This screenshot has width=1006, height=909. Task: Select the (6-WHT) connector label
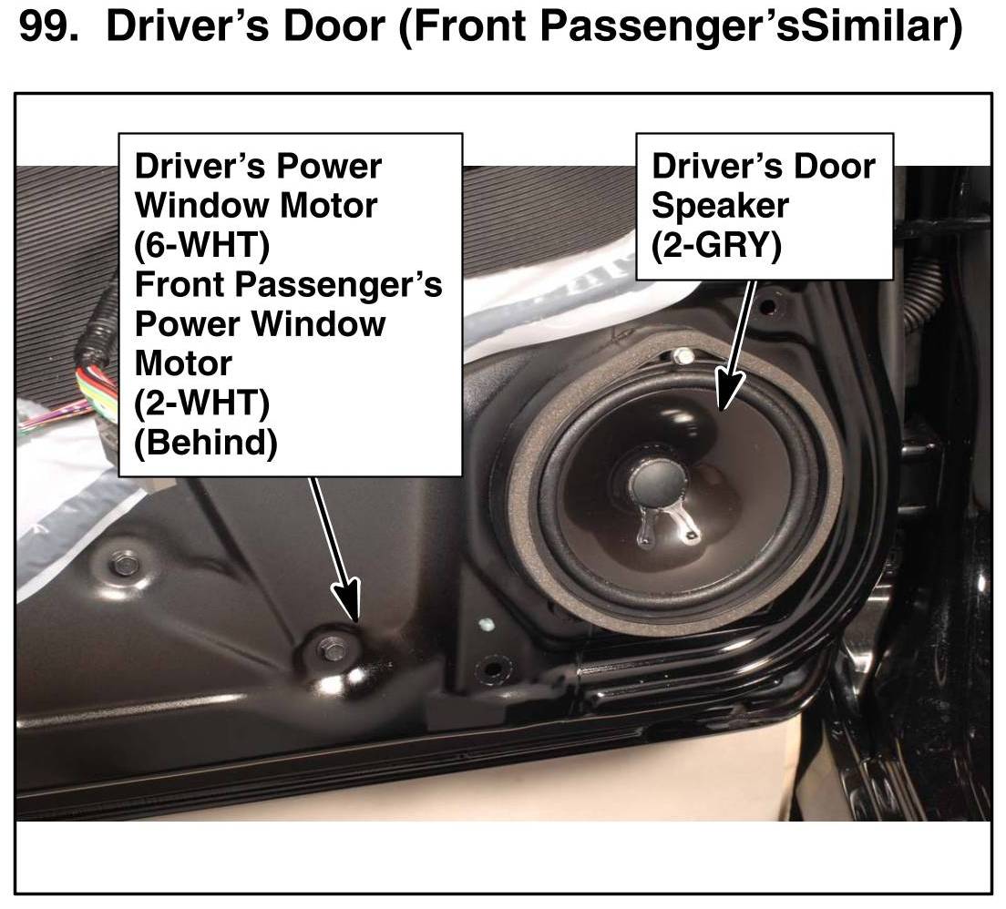click(202, 245)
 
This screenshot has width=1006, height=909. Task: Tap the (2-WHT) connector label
click(202, 403)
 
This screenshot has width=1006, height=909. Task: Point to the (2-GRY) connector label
click(716, 245)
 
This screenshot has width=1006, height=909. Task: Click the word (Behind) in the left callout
click(206, 443)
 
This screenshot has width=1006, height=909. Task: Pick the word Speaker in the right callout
click(720, 206)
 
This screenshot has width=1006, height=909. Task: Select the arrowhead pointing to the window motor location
click(347, 597)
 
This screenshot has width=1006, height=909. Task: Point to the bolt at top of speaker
click(683, 355)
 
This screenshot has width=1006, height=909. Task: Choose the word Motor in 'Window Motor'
click(328, 206)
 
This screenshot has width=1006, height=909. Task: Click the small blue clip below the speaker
click(487, 623)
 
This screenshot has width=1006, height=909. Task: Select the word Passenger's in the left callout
click(346, 285)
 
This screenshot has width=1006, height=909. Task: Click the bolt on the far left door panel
click(123, 565)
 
